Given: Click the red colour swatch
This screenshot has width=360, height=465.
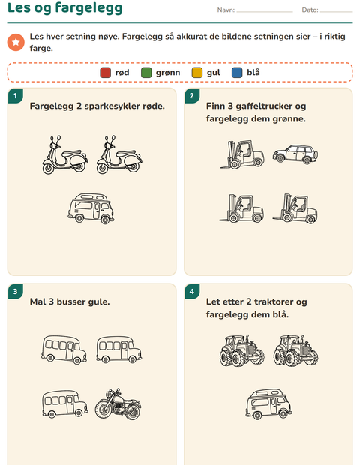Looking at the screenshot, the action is click(105, 73).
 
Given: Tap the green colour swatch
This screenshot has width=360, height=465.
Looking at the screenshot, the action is click(146, 73).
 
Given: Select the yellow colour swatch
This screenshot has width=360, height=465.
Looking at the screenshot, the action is click(197, 73).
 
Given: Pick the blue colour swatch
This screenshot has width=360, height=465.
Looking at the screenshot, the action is click(237, 73).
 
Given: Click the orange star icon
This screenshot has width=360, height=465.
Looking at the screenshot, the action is click(16, 43).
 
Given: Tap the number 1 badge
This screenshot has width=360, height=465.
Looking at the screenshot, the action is click(16, 96).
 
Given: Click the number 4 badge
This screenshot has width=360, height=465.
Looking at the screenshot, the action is click(192, 292).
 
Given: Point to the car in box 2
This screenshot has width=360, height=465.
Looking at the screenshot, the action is click(295, 154).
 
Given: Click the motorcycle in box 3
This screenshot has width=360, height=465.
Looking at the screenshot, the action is click(118, 404).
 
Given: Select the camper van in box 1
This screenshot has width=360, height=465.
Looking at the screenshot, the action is click(91, 208).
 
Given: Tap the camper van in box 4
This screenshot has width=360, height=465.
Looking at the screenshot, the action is click(268, 403).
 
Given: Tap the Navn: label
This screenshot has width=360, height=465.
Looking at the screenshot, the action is click(226, 10).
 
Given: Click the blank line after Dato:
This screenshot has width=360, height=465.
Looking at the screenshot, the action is click(336, 12).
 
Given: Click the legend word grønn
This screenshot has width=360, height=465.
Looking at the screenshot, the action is click(168, 73).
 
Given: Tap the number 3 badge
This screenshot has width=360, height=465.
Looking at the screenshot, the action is click(16, 292).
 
